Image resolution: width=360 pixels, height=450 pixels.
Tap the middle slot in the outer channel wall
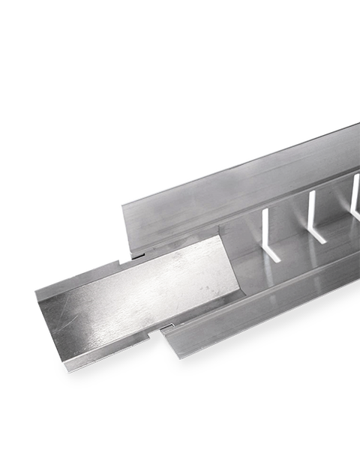tap(310, 210)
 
